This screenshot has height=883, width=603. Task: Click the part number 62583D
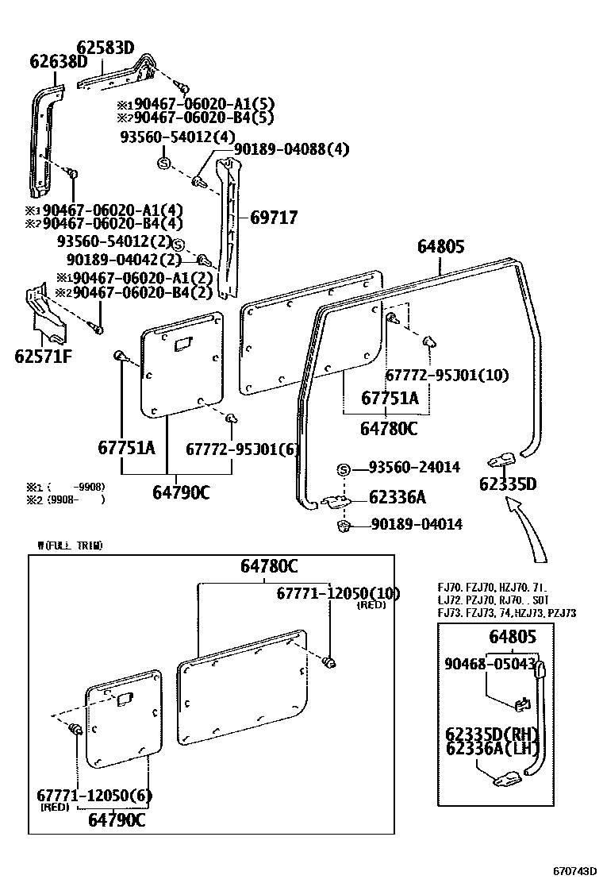[105, 48]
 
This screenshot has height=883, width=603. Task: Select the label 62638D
[59, 61]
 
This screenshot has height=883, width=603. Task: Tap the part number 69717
[274, 216]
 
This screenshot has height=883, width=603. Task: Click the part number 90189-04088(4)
[291, 148]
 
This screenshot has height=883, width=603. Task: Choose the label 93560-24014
[413, 468]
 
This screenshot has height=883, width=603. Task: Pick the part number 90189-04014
[416, 524]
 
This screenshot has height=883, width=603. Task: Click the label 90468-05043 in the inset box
[489, 664]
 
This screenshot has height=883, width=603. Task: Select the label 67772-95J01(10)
[447, 375]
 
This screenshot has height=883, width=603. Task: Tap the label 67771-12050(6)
[94, 796]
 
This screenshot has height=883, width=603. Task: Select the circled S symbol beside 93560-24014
[344, 469]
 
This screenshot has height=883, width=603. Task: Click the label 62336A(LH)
[492, 748]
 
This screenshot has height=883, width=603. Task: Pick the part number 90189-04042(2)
[124, 260]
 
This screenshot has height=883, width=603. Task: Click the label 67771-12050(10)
[338, 593]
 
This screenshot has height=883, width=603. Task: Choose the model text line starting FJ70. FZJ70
[492, 588]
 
